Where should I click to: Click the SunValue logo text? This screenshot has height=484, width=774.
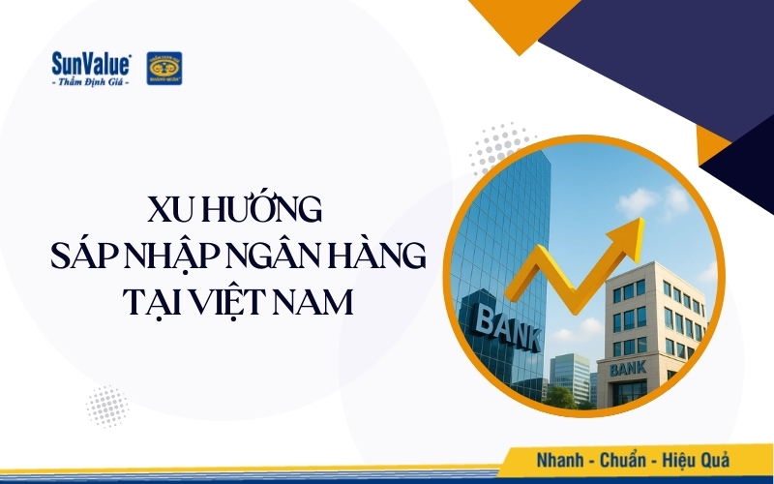[92, 63]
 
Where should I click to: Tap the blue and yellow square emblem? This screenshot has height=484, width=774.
[164, 68]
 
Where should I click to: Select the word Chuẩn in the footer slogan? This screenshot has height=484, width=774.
[628, 459]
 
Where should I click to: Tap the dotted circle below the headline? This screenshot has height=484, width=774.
[106, 406]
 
